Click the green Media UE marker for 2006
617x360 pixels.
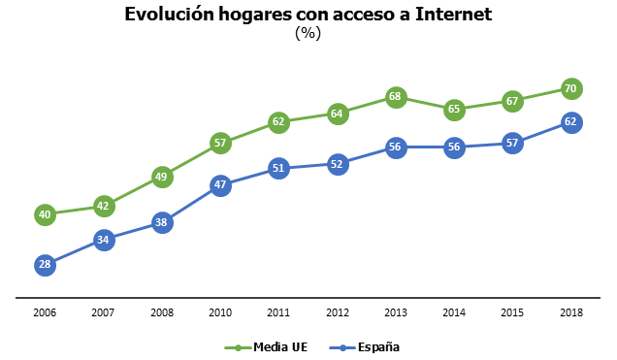pos(45,214)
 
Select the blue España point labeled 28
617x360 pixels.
pos(45,264)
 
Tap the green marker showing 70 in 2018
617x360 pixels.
pos(571,88)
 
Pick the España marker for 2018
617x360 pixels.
pos(571,122)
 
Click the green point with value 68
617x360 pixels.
pos(396,97)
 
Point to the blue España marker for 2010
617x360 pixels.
pos(220,184)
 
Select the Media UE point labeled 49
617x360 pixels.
pos(162,177)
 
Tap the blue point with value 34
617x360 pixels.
pos(104,239)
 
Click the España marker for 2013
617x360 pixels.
pos(396,147)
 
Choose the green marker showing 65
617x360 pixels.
pos(454,110)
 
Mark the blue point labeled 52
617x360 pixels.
pos(338,164)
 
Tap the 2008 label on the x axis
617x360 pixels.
pos(162,313)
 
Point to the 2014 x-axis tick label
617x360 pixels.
pos(454,313)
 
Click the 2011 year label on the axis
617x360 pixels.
pos(278,313)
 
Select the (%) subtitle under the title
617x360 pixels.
pos(308,33)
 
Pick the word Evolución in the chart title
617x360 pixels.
pos(166,14)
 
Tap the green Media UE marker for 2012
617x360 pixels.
pos(338,114)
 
